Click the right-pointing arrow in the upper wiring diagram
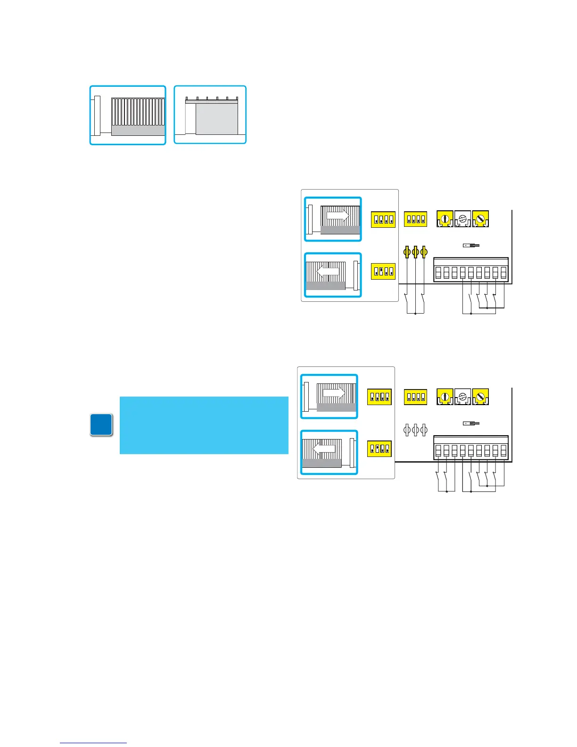[338, 216]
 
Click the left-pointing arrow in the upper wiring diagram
[327, 271]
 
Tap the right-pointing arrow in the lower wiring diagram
[334, 393]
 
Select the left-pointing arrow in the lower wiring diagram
[324, 449]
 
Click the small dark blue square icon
[101, 424]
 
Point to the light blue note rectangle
[204, 425]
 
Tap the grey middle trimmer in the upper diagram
[462, 219]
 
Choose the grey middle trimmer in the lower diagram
[462, 397]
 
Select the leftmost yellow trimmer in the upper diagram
[445, 219]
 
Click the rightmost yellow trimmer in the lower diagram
[480, 397]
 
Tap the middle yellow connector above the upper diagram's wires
[415, 252]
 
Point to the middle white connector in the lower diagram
[415, 430]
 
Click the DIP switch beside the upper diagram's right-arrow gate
[383, 219]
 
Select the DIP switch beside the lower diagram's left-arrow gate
[379, 448]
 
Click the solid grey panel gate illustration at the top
[216, 119]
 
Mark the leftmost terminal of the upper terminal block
[438, 273]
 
